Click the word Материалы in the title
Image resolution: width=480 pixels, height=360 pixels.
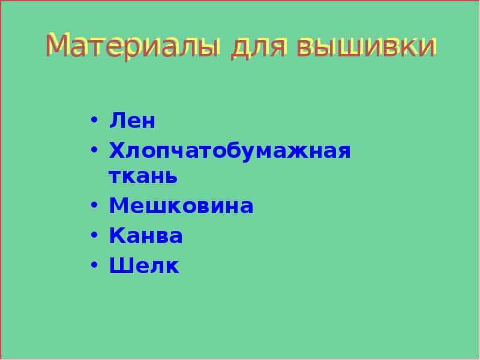pos(132,47)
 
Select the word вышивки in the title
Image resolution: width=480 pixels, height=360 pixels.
pos(367,47)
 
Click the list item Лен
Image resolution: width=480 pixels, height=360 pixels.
pos(132,121)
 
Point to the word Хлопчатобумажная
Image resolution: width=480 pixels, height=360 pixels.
pos(230,150)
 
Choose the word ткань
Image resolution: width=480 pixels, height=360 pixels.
pos(143,176)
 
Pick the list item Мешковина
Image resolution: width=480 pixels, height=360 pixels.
pos(181,206)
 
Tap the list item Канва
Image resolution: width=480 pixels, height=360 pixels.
pos(146,236)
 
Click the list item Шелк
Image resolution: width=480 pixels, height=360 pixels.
pos(144,265)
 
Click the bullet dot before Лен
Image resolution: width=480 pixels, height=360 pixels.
pos(94,119)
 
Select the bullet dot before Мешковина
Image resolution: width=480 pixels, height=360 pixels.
pos(94,205)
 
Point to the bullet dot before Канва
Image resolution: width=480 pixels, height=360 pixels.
pos(94,235)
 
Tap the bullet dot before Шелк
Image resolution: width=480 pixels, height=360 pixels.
pos(94,264)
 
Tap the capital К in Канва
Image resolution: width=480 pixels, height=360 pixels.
pos(116,236)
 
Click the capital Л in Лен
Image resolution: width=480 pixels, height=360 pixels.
pos(116,121)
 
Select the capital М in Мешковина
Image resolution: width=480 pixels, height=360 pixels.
pos(119,206)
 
